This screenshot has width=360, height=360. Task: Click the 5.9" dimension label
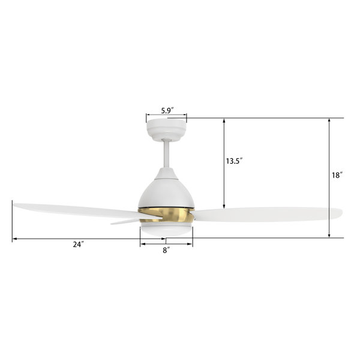click(166, 110)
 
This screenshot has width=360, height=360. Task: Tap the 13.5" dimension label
click(234, 161)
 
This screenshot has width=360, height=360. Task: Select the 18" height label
click(338, 175)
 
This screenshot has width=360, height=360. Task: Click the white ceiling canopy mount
click(166, 127)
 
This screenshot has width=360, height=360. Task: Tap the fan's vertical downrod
click(166, 156)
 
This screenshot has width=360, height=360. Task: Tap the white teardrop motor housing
click(166, 189)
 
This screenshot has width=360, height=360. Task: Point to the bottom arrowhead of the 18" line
click(329, 235)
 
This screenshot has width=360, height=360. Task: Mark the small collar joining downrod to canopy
click(166, 141)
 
